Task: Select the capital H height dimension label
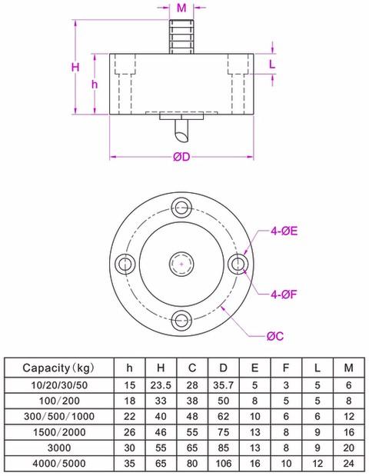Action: pyautogui.click(x=75, y=68)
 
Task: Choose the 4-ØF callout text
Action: pyautogui.click(x=284, y=294)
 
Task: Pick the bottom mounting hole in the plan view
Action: pyautogui.click(x=181, y=321)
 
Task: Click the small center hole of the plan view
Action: pyautogui.click(x=181, y=265)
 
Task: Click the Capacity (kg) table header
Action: pyautogui.click(x=58, y=367)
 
